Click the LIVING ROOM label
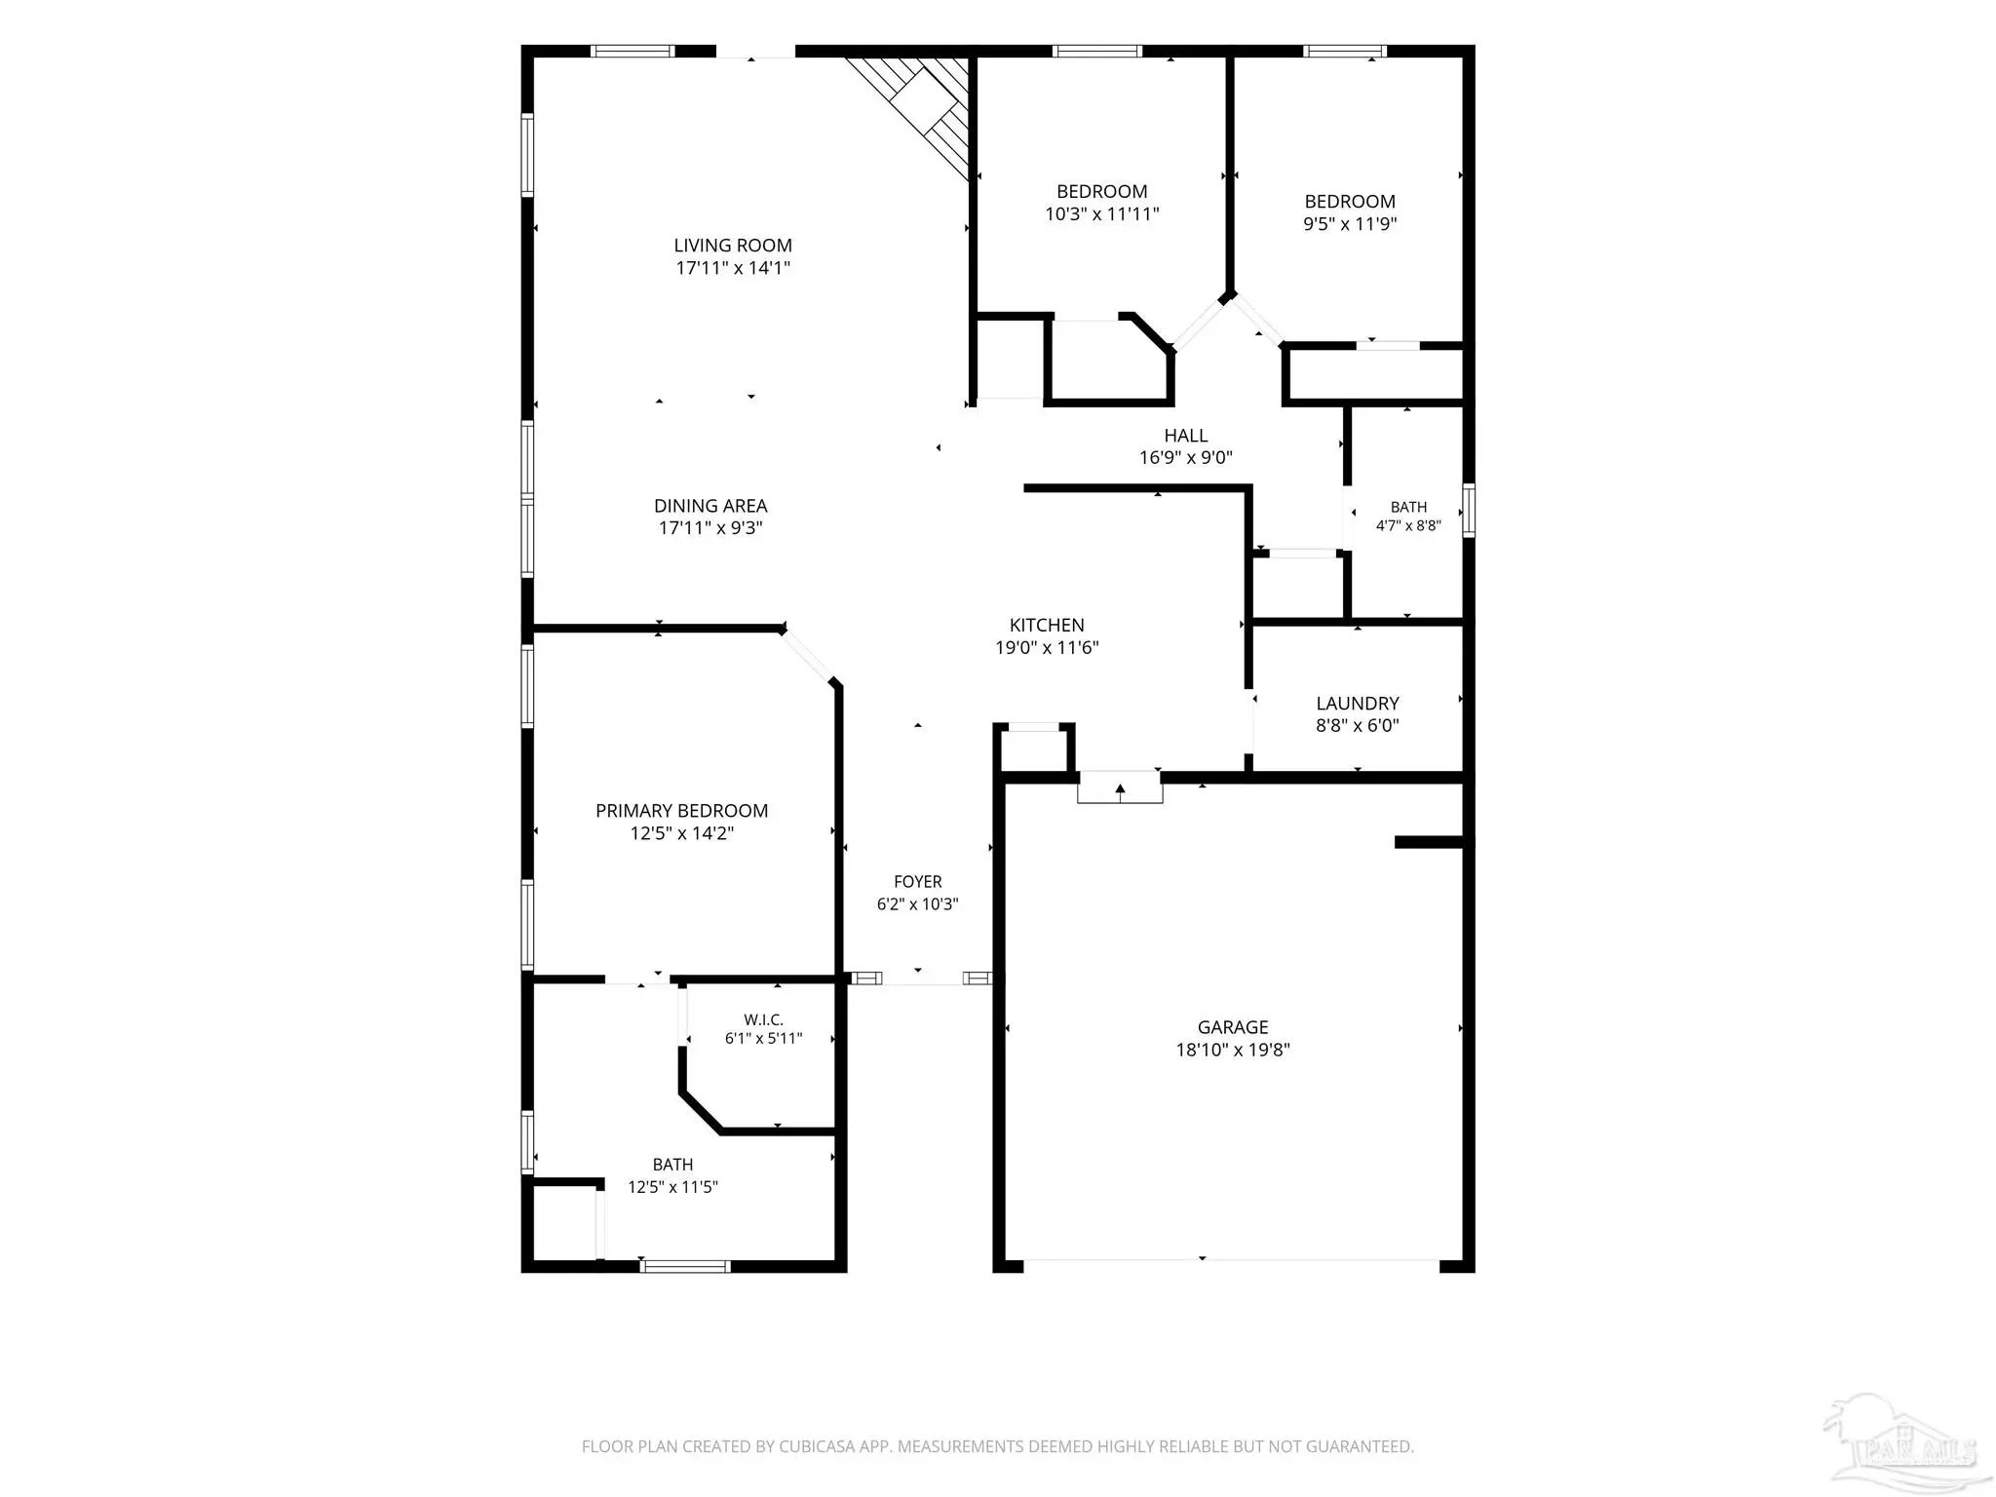click(733, 246)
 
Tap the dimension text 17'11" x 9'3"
click(710, 528)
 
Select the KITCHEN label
click(1047, 626)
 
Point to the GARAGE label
click(1233, 1027)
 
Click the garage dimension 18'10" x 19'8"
click(1233, 1050)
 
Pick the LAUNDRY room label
click(1358, 704)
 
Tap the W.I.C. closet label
click(763, 1019)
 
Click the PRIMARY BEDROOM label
click(681, 811)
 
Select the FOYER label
click(917, 882)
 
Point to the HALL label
click(1186, 436)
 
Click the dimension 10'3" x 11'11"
click(1102, 214)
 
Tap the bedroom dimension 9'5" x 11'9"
click(1350, 224)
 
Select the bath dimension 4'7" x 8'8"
click(1408, 526)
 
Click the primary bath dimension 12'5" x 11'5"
click(672, 1187)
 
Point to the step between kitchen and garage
click(1120, 787)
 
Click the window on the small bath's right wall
click(1469, 510)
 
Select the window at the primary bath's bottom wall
click(685, 1266)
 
